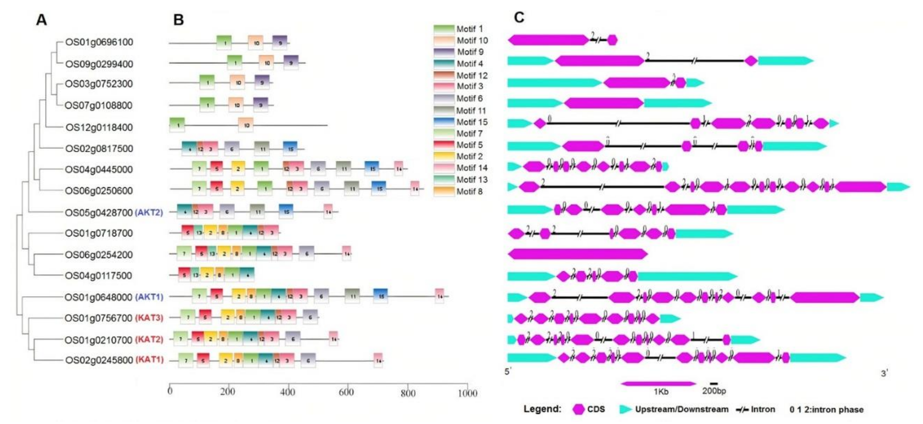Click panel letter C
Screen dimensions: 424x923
(519, 17)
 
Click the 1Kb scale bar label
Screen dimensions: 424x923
(661, 392)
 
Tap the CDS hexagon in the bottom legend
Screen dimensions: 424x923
(578, 409)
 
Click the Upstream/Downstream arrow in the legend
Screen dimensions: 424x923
(625, 409)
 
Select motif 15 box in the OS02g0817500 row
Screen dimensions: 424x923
(290, 149)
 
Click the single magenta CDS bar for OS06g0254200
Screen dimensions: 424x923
(578, 254)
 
